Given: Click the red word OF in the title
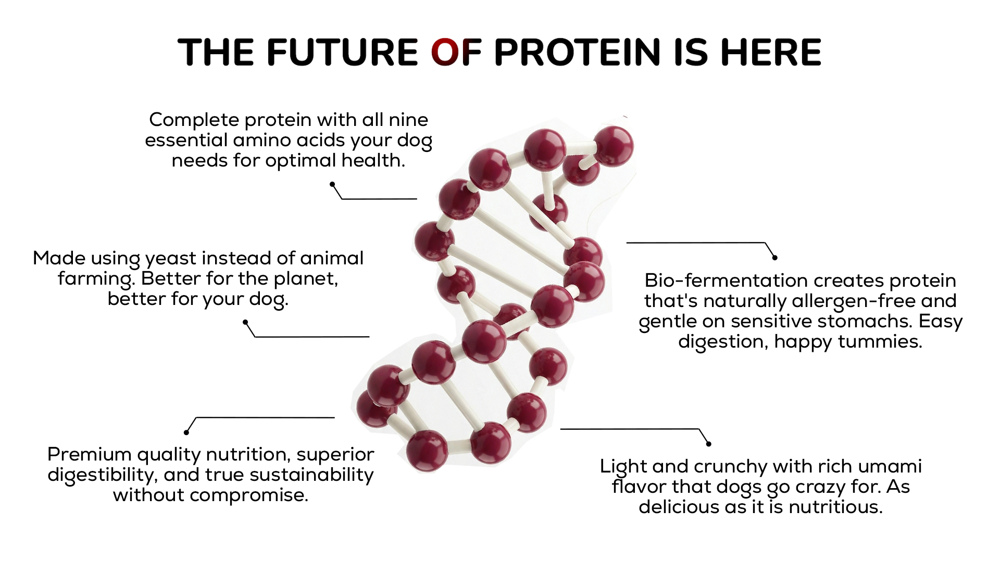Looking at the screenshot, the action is [456, 52].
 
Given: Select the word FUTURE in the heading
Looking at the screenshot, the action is [342, 52].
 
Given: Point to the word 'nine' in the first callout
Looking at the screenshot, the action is [408, 120].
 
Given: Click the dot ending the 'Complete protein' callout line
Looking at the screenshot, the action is [332, 184].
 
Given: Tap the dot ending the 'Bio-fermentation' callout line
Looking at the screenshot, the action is [774, 258].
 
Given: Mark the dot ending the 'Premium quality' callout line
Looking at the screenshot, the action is [186, 432].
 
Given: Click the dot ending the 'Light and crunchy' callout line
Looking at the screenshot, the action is [708, 444].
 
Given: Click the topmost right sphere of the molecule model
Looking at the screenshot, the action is [614, 146].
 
